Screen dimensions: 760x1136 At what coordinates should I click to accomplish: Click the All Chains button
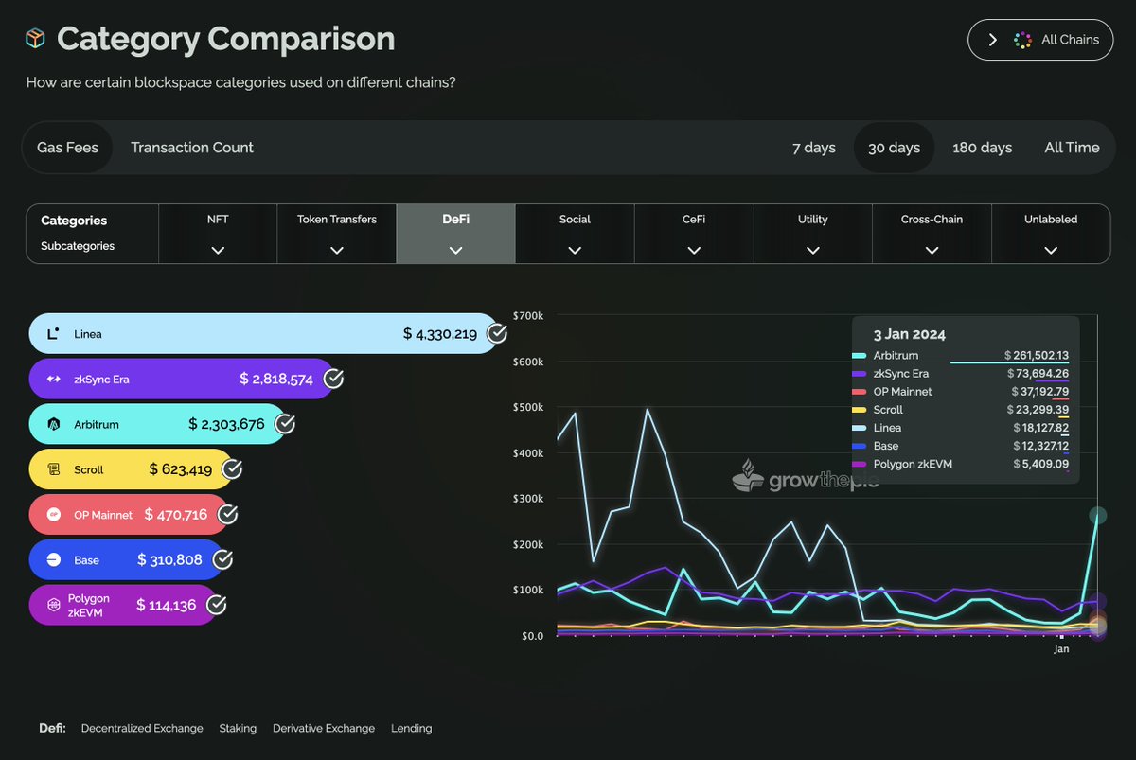click(x=1040, y=40)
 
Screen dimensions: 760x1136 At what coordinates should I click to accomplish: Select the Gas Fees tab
click(x=67, y=148)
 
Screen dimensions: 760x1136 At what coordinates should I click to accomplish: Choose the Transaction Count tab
click(x=192, y=148)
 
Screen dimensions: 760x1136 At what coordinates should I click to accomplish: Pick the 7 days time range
click(x=814, y=148)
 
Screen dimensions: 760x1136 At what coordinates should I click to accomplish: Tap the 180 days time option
click(x=982, y=148)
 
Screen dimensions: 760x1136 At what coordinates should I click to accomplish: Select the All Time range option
click(x=1072, y=148)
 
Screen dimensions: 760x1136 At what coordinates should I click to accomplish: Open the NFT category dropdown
click(x=218, y=234)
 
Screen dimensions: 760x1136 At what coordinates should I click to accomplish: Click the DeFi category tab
click(x=455, y=234)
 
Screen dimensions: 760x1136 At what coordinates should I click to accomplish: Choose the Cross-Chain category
click(x=932, y=234)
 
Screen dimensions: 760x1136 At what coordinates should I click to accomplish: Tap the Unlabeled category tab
click(x=1051, y=234)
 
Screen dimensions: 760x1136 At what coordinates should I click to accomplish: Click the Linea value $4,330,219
click(x=440, y=334)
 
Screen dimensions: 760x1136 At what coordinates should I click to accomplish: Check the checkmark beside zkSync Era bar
click(x=333, y=380)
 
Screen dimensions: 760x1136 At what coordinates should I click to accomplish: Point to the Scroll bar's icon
click(x=55, y=469)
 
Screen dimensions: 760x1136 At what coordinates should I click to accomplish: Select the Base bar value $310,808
click(x=169, y=560)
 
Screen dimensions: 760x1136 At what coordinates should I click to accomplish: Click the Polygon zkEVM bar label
click(x=88, y=605)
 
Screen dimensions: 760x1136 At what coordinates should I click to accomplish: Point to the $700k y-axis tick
click(x=527, y=316)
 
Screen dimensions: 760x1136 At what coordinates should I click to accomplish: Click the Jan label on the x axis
click(x=1061, y=650)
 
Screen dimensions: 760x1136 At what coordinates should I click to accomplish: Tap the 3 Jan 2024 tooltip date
click(x=909, y=334)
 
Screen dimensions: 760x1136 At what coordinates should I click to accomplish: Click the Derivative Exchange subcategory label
click(x=324, y=729)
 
